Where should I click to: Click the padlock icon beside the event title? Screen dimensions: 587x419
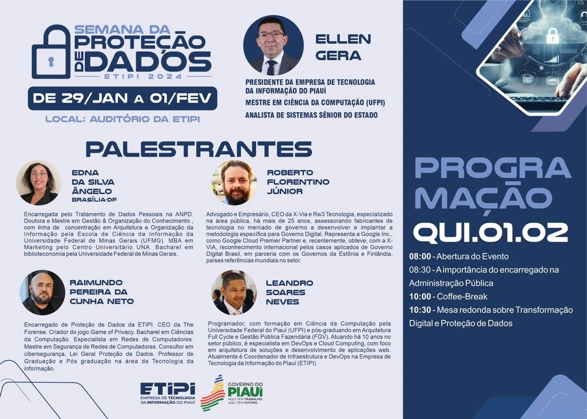point(51,52)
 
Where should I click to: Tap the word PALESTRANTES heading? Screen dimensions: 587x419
point(199,149)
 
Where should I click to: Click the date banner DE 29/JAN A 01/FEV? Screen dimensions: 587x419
point(123,99)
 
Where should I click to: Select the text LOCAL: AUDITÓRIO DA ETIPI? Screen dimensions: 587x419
point(123,119)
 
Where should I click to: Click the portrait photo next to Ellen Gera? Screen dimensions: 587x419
point(273,45)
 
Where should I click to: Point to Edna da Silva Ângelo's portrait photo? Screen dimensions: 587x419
point(39,183)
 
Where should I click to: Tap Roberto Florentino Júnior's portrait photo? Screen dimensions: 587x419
point(234,183)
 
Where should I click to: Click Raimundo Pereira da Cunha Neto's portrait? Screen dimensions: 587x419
point(42,293)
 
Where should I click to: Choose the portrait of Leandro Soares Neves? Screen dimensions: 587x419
point(234,293)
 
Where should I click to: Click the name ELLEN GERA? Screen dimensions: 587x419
point(343,47)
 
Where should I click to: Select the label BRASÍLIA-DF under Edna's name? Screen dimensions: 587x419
point(95,200)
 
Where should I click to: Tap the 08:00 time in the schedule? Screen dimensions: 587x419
point(420,256)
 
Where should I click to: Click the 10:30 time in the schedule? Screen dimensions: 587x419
point(420,310)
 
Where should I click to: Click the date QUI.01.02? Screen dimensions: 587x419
point(491,233)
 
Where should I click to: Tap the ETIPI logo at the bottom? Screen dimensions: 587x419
point(168,393)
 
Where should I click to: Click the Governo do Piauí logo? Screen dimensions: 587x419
point(232,393)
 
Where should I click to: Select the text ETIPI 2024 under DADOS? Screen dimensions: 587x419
point(143,76)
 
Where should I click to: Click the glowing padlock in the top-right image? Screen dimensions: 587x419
point(552,36)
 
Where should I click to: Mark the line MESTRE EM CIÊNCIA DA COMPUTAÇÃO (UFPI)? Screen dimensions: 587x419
point(315,103)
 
